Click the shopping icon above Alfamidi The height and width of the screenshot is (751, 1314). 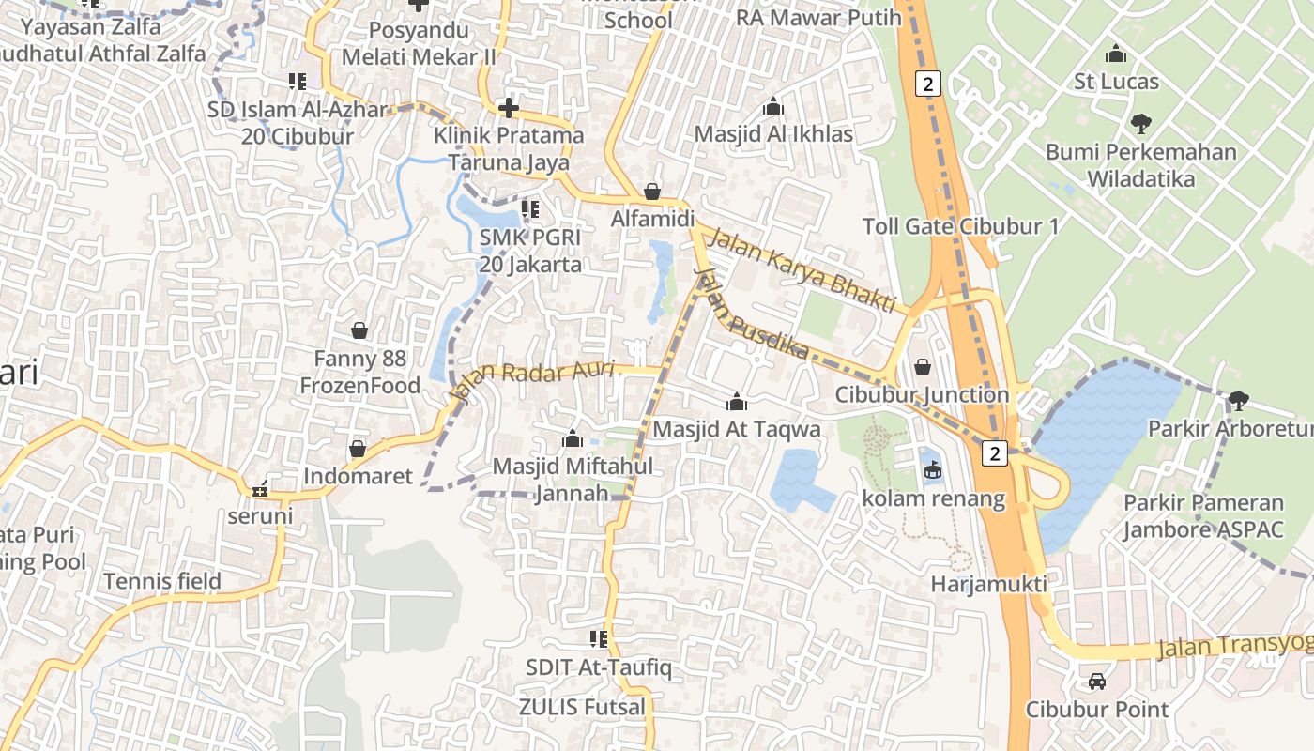tap(652, 192)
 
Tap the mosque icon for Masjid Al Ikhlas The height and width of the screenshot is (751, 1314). tap(773, 106)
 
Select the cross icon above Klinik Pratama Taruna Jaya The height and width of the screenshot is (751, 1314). tap(509, 108)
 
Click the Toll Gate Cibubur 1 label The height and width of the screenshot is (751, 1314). tap(960, 226)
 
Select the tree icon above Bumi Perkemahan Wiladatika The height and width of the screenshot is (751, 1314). tap(1141, 123)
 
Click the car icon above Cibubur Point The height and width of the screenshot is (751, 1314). tap(1097, 682)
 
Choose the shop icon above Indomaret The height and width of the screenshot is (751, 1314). tap(358, 449)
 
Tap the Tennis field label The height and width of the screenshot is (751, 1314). tap(162, 581)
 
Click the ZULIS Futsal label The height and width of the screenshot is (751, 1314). tap(583, 707)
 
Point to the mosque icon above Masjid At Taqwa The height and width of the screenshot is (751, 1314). tap(737, 402)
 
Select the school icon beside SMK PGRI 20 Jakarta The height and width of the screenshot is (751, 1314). tap(530, 208)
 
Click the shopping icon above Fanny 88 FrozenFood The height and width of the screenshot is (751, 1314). tap(359, 330)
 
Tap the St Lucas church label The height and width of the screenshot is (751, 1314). tap(1116, 82)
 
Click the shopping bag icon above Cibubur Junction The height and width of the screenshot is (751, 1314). tap(923, 366)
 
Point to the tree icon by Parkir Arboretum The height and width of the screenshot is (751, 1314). tap(1238, 401)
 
